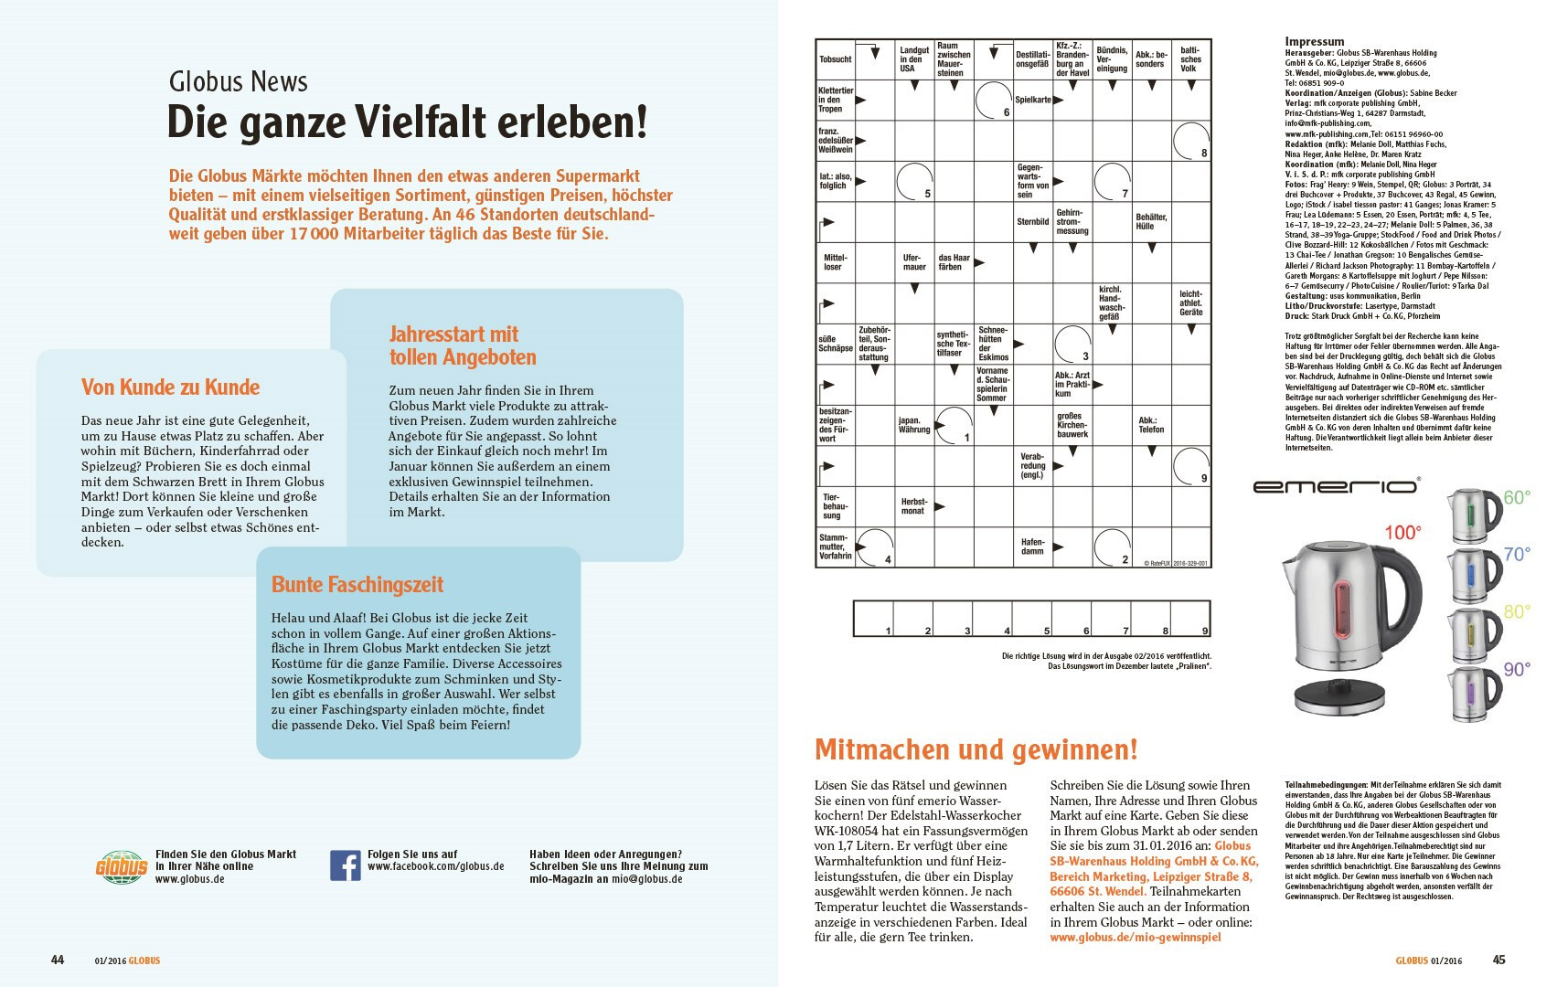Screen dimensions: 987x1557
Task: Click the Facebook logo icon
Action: tap(345, 865)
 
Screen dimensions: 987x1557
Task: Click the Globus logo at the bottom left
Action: tap(122, 866)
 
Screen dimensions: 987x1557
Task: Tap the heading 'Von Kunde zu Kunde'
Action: tap(170, 387)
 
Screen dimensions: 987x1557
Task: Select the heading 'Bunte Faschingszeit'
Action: tap(357, 585)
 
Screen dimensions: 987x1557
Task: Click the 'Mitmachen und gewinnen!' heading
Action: tap(976, 750)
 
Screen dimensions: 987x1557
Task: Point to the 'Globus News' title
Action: tap(238, 82)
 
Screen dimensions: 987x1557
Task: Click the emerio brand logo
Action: tap(1335, 486)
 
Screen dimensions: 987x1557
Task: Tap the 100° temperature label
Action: tap(1402, 533)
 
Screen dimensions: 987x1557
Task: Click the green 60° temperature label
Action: tap(1517, 498)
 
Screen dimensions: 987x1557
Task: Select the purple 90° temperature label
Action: tap(1517, 670)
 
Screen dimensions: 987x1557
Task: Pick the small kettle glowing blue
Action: tap(1471, 576)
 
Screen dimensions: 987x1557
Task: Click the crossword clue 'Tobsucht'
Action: tap(835, 59)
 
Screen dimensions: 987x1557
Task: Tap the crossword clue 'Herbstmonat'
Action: tap(913, 506)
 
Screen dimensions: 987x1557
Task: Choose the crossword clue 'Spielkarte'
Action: tap(1032, 100)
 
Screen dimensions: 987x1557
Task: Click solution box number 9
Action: tap(1190, 619)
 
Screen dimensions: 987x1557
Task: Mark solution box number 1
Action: tap(873, 619)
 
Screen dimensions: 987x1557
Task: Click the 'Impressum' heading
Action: tap(1314, 42)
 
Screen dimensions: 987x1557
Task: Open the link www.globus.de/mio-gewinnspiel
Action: tap(1135, 937)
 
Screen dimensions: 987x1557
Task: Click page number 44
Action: tap(58, 960)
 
